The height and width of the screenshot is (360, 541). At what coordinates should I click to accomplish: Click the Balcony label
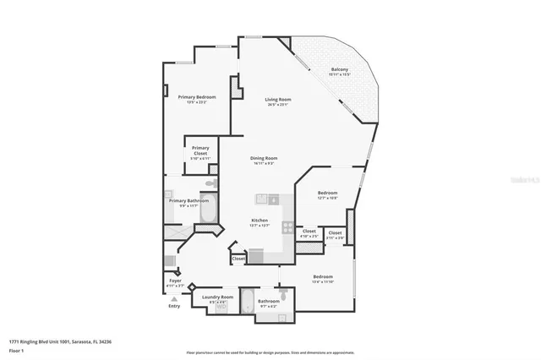(339, 71)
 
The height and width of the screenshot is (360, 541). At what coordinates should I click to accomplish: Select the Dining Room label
(264, 160)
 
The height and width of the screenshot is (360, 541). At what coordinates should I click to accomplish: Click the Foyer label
(175, 281)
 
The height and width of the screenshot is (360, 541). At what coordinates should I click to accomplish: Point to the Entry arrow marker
(174, 299)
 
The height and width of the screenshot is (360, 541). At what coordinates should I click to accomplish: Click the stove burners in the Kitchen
(288, 227)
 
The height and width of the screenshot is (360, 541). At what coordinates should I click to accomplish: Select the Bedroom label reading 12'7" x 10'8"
(327, 194)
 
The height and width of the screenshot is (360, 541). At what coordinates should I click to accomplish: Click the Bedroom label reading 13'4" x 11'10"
(323, 278)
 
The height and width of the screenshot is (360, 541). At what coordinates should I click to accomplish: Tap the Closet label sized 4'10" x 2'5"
(309, 232)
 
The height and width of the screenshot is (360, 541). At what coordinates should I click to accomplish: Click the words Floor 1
(16, 349)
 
